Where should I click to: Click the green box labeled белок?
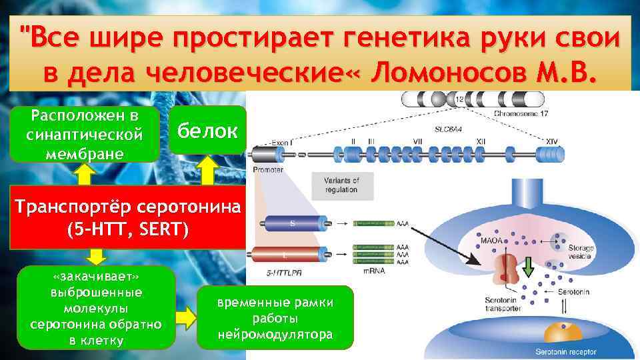(207, 131)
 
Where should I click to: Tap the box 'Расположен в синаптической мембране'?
(85, 133)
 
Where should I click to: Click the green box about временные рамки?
(275, 318)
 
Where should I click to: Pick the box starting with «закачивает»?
(96, 307)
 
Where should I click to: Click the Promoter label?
(268, 169)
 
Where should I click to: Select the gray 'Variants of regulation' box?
(341, 185)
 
